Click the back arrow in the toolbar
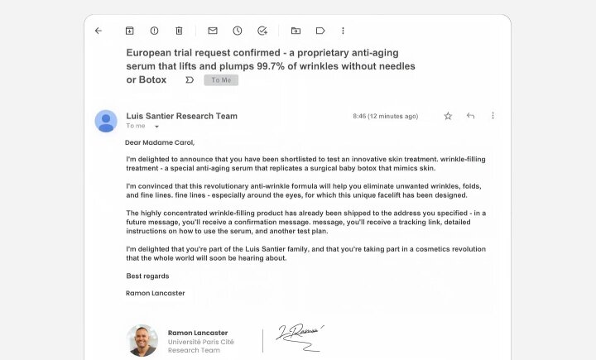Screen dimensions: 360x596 tap(99, 31)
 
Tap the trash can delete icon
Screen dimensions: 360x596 tap(179, 31)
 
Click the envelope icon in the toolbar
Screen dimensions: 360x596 tap(213, 31)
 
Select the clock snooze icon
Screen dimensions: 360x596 tap(238, 31)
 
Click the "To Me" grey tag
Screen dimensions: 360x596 tap(221, 80)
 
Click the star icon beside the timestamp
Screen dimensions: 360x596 tap(448, 116)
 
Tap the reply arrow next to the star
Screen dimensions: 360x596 tap(470, 116)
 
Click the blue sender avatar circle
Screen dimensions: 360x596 tap(106, 121)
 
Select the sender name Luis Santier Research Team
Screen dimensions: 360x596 tap(181, 116)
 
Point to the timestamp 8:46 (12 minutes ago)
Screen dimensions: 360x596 tap(385, 116)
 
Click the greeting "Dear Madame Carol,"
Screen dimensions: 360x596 tap(161, 142)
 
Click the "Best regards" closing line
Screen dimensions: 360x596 tap(147, 276)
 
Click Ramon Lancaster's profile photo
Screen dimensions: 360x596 tap(142, 340)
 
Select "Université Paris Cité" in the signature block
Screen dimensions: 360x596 tap(200, 341)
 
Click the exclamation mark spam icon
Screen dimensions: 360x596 tap(154, 31)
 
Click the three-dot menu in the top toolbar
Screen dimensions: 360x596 tap(343, 31)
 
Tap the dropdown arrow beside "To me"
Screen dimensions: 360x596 tap(156, 127)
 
